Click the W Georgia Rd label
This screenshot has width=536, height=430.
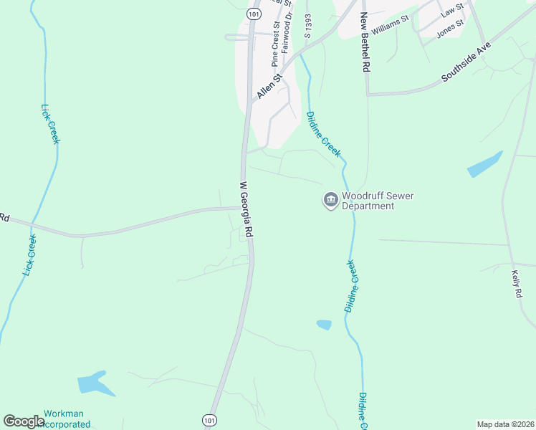[247, 211]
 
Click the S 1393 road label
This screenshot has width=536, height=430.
[307, 25]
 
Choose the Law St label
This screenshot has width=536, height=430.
[452, 10]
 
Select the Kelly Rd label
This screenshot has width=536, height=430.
[516, 284]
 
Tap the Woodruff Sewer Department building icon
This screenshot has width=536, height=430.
[330, 200]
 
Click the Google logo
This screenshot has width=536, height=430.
[24, 421]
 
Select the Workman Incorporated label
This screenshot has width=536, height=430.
[67, 419]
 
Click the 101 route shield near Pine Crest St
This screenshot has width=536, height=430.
[253, 14]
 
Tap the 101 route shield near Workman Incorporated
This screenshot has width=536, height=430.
[209, 419]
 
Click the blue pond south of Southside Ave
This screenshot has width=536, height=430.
[484, 164]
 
